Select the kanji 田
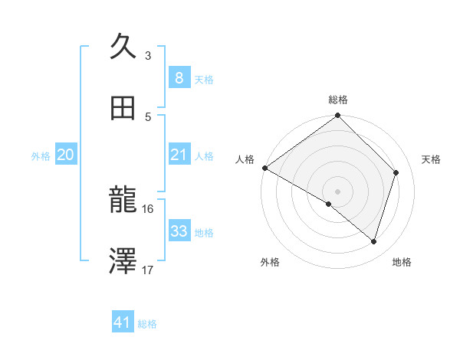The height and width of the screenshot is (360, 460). point(123,109)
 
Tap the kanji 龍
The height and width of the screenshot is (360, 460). point(123,201)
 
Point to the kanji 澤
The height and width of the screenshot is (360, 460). point(123,263)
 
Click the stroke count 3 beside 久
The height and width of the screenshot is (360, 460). point(148,56)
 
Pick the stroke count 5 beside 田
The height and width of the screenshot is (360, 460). point(148,117)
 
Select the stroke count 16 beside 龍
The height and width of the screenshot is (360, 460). point(148,208)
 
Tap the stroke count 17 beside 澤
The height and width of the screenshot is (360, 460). point(148,270)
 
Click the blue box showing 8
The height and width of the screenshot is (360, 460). point(179,77)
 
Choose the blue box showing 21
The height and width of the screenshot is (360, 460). point(179,155)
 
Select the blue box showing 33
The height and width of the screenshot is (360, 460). point(179,231)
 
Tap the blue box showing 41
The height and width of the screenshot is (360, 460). point(123,323)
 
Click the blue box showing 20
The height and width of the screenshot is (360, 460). point(65,155)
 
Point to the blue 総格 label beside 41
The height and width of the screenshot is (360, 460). point(147,324)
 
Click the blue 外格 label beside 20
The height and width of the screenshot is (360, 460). point(41,156)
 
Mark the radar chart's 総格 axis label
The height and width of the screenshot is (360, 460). point(338,100)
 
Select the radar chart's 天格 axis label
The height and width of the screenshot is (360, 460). point(432,159)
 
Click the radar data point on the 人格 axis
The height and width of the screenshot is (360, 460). point(264,168)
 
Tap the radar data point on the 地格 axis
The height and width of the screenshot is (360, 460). point(373,241)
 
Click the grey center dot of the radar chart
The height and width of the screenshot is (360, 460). point(337,191)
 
